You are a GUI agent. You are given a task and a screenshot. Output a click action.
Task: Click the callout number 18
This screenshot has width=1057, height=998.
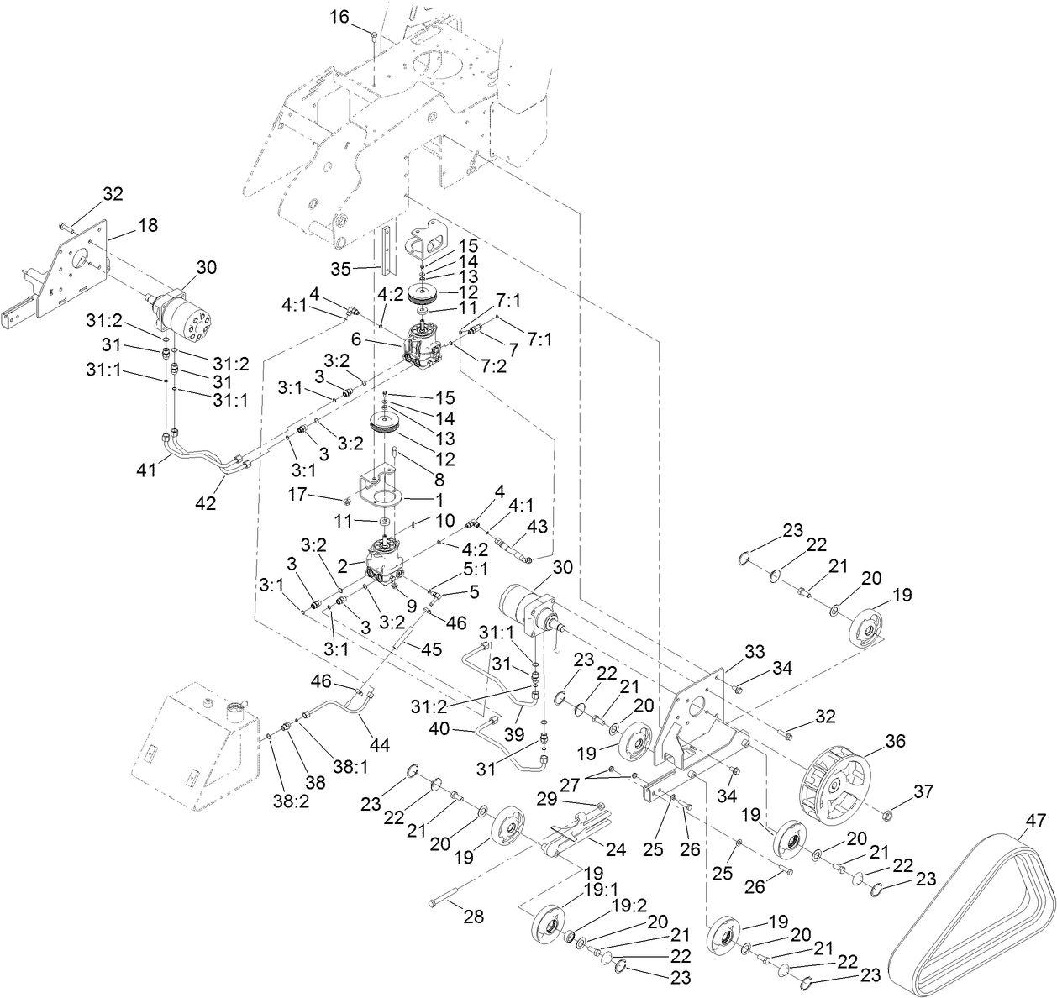pyautogui.click(x=148, y=225)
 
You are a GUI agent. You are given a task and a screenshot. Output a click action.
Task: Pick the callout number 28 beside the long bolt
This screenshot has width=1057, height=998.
pyautogui.click(x=473, y=917)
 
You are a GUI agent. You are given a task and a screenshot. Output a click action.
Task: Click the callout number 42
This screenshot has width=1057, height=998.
pyautogui.click(x=205, y=503)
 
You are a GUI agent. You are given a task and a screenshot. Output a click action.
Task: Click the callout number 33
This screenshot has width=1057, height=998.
pyautogui.click(x=754, y=651)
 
